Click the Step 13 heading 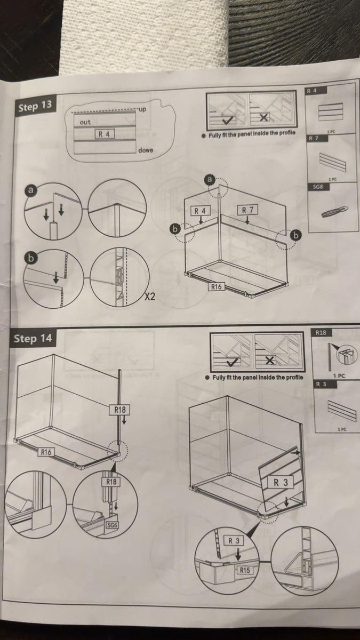click(35, 106)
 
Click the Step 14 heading click(33, 338)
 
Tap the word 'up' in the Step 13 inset click(142, 109)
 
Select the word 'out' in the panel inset click(85, 122)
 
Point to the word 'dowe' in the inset click(145, 150)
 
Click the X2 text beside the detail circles click(150, 297)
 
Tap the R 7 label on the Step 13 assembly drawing click(247, 210)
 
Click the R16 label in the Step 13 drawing click(216, 287)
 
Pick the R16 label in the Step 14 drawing click(47, 452)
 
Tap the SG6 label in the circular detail click(112, 525)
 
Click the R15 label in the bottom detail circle click(244, 570)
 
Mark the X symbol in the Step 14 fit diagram click(270, 362)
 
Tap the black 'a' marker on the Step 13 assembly click(210, 180)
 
